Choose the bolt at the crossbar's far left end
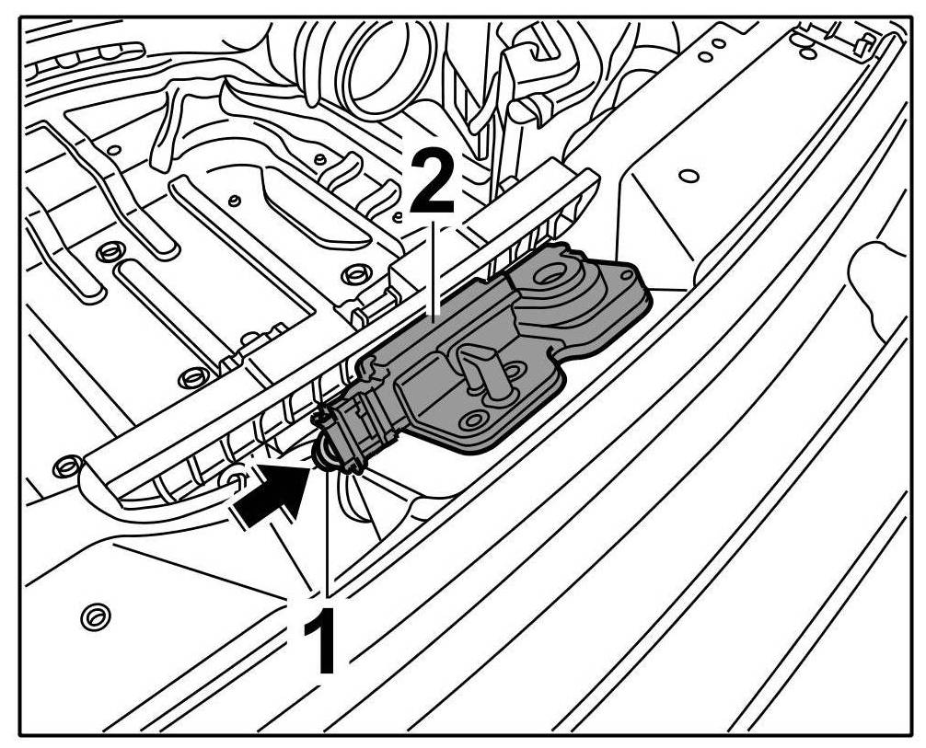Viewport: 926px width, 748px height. (x=64, y=466)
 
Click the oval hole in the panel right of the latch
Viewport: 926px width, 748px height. (x=689, y=174)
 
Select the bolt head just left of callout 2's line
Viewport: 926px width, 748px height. (x=353, y=274)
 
